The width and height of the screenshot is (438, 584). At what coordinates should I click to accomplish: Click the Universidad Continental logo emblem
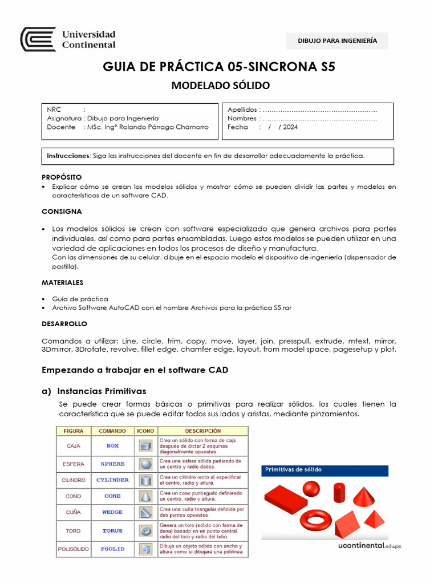pos(38,39)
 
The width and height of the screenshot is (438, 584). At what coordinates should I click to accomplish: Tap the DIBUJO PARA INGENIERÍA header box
pos(337,40)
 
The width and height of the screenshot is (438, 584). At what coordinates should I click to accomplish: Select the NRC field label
pos(55,109)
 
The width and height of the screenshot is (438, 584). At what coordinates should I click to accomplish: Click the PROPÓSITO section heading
pos(62,177)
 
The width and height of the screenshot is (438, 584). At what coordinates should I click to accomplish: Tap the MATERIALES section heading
pos(62,282)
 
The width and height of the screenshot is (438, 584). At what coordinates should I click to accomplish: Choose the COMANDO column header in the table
pos(112,431)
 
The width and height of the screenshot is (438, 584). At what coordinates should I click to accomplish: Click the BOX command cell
pos(112,446)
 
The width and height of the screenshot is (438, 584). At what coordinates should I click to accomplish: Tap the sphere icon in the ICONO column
pos(145,463)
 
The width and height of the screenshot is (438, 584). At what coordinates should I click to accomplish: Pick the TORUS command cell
pos(112,530)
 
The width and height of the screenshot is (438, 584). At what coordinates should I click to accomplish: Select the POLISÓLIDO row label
pos(73,549)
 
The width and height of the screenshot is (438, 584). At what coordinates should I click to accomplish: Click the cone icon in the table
pos(145,496)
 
